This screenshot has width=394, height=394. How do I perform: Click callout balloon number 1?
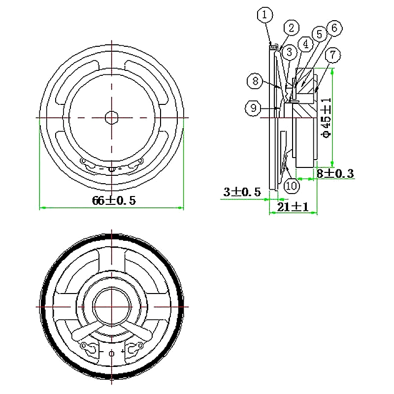[265, 15]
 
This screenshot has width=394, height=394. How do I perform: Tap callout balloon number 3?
[288, 51]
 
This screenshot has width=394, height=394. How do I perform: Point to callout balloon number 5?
[319, 34]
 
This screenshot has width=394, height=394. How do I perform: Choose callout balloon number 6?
[334, 28]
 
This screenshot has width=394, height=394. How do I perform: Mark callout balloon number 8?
[255, 81]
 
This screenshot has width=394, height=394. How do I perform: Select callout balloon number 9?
[253, 108]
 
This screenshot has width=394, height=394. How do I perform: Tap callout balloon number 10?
[291, 186]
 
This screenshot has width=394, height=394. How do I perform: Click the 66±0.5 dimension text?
[113, 200]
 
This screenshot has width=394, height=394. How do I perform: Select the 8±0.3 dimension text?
[334, 173]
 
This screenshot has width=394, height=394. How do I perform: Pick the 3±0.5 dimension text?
[242, 192]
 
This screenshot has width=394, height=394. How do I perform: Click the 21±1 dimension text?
[293, 207]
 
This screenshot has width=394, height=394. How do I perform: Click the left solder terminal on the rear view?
[90, 348]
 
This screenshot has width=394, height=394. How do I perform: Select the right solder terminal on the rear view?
[132, 348]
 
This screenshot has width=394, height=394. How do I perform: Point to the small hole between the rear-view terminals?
[111, 353]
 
